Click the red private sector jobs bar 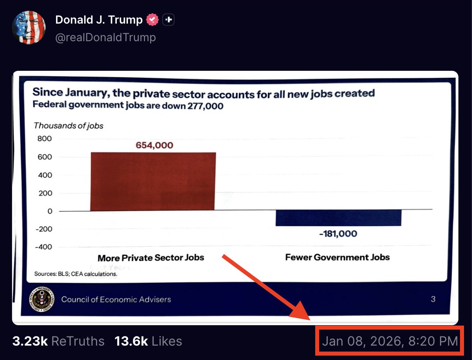[153, 181]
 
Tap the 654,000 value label [154, 145]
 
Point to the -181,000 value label [338, 234]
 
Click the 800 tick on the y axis [45, 139]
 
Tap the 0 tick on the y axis [50, 211]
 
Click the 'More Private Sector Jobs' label [151, 258]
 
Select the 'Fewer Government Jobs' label [337, 257]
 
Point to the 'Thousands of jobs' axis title [68, 126]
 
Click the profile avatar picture [28, 28]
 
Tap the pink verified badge [152, 20]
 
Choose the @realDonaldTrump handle [106, 38]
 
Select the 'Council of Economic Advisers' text [116, 299]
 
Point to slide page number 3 [433, 299]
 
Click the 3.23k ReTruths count [58, 341]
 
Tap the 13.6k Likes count [148, 341]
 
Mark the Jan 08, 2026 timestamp [390, 341]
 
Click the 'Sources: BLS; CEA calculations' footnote [76, 274]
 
